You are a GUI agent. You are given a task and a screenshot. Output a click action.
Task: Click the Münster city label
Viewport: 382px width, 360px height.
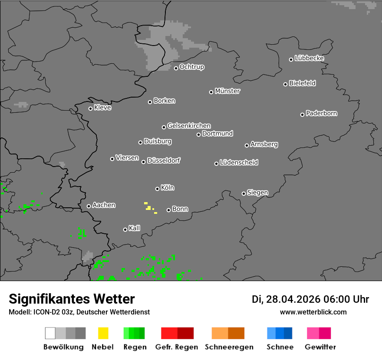tap(227, 91)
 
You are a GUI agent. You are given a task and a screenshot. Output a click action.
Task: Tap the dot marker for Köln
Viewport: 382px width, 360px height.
tap(157, 189)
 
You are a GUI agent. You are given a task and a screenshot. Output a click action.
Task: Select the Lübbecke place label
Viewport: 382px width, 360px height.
tap(309, 58)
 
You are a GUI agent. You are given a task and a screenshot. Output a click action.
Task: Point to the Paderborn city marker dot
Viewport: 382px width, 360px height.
tap(302, 115)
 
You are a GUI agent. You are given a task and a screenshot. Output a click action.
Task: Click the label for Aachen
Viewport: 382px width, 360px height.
tap(104, 205)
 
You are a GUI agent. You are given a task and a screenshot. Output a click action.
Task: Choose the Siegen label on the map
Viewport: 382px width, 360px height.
tap(257, 193)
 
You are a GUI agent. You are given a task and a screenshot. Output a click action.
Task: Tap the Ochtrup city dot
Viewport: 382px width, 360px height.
tap(176, 68)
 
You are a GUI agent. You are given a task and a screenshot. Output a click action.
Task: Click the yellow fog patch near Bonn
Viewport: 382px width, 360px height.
tap(148, 208)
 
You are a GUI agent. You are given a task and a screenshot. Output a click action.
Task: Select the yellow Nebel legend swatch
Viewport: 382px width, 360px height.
tap(103, 333)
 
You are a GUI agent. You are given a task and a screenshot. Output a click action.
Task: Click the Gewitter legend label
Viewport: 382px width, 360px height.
tap(320, 347)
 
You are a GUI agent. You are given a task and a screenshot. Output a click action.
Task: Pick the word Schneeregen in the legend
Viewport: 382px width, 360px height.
tap(229, 347)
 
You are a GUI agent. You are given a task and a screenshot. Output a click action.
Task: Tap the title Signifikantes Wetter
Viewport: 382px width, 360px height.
tap(72, 299)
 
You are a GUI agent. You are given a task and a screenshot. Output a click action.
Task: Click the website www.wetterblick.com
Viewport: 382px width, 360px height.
tap(313, 312)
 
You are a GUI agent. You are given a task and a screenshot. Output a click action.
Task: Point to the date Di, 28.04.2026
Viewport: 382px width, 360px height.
tap(286, 299)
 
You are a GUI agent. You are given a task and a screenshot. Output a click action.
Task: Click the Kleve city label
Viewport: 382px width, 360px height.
tap(102, 108)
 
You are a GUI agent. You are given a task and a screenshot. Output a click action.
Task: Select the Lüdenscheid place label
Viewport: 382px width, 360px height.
tap(239, 163)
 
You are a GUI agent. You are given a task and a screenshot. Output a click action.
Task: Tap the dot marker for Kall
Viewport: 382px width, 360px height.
tap(125, 229)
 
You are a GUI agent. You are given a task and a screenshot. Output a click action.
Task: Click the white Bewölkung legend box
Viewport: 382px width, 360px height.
tap(50, 333)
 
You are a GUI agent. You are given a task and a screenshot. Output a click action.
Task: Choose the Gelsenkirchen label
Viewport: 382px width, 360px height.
tap(189, 126)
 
